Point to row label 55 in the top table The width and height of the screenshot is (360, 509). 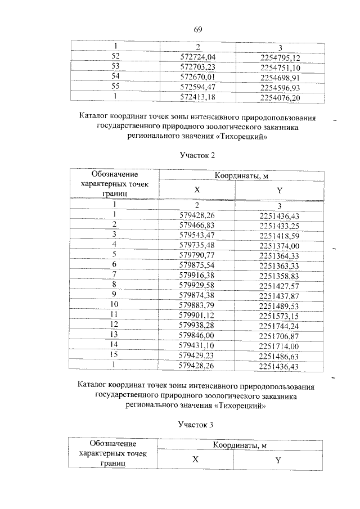click(116, 88)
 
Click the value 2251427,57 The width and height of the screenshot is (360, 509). click(280, 285)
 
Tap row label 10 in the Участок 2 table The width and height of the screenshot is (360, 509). click(114, 305)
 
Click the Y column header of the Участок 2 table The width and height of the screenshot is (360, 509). click(279, 190)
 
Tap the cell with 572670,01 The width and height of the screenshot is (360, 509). click(197, 77)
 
